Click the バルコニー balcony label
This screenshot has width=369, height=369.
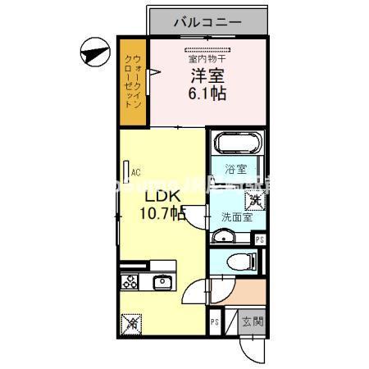[x=207, y=22]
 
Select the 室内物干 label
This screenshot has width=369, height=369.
[x=208, y=58]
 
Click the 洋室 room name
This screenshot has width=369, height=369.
[x=207, y=76]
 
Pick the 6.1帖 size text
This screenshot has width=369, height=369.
[x=207, y=93]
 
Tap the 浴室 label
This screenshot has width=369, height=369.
[x=236, y=170]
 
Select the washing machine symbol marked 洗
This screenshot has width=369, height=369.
[x=256, y=198]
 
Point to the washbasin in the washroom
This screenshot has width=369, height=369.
[x=222, y=237]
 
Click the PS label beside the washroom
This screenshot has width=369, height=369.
[x=259, y=239]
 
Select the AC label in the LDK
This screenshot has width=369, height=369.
[x=136, y=171]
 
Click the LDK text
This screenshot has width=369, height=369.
[x=162, y=197]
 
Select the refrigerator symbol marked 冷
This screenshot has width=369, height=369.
[x=130, y=323]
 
